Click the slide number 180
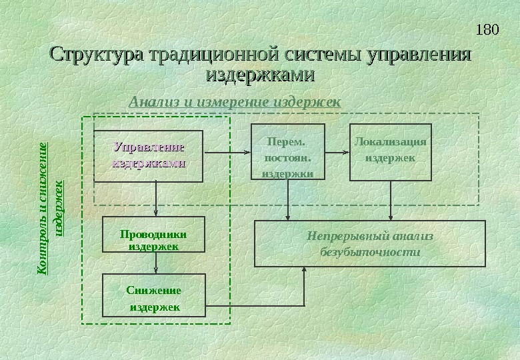click(488, 30)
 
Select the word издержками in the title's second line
click(261, 74)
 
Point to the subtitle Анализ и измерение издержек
click(234, 102)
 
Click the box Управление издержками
click(148, 156)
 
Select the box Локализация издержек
click(391, 153)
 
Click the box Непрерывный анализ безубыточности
click(370, 243)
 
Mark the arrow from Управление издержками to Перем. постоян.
click(227, 153)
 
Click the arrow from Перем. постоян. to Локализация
click(337, 153)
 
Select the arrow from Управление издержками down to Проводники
click(156, 199)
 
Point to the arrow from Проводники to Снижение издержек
click(156, 263)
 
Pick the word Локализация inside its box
click(391, 141)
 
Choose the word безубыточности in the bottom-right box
click(370, 253)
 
